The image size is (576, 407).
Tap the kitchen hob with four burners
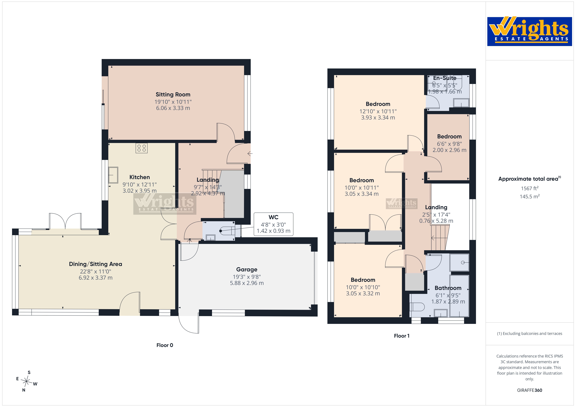pos(141,148)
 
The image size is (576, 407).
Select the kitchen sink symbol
pos(113,175)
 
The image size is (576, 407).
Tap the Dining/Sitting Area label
pos(96,264)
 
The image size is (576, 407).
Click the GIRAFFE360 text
pos(530,390)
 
